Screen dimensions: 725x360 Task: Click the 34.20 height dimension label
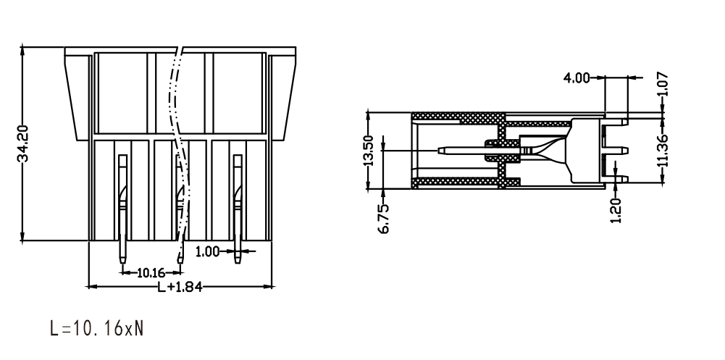(x=22, y=143)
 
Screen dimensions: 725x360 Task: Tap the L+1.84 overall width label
(x=180, y=287)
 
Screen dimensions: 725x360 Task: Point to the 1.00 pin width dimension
(x=208, y=252)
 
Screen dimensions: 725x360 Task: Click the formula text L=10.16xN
(x=96, y=329)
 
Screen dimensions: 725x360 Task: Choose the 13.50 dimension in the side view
(x=369, y=151)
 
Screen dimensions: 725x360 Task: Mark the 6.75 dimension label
(x=385, y=218)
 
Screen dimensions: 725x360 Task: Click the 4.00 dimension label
(x=576, y=78)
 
